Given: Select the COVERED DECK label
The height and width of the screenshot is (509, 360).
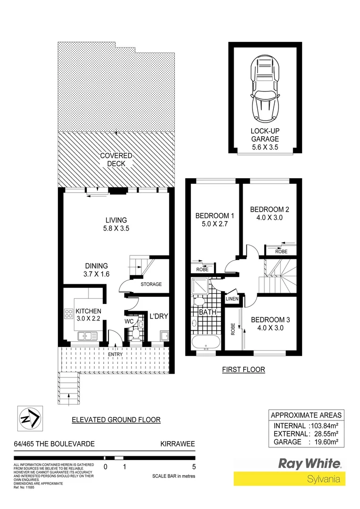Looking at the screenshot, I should tap(116, 160).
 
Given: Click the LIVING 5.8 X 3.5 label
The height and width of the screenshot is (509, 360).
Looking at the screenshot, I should tap(116, 224).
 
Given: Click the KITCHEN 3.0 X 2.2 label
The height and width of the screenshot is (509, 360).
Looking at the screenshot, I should tap(89, 315).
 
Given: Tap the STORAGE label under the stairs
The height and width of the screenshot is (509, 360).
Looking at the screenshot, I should tap(151, 284).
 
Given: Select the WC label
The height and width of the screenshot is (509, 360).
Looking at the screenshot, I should tap(129, 321).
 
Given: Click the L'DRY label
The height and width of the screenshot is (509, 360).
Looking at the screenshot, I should tap(159, 316).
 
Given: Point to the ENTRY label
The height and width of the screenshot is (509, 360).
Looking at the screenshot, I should tap(115, 354).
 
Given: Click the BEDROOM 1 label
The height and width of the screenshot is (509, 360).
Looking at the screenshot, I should tap(215, 220).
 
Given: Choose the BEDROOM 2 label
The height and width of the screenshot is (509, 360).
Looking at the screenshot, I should tap(270, 213).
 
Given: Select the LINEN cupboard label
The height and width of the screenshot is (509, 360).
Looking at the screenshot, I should tap(232, 299).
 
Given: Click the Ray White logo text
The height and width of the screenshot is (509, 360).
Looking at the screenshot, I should tap(311, 464).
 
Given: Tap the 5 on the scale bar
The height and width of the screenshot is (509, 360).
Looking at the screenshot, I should tap(194, 468).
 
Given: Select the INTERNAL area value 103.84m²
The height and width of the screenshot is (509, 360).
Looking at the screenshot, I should tap(326, 426).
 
